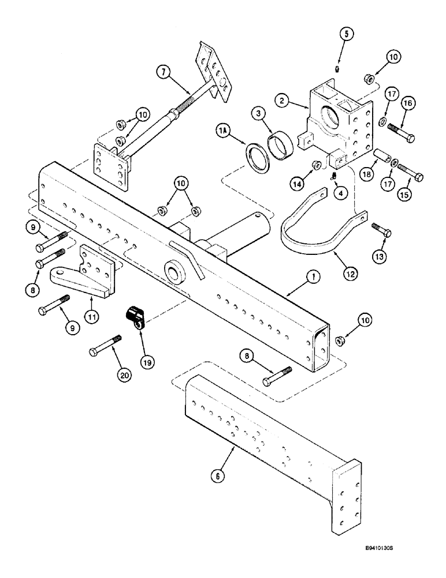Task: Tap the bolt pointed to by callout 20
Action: [x=105, y=346]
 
